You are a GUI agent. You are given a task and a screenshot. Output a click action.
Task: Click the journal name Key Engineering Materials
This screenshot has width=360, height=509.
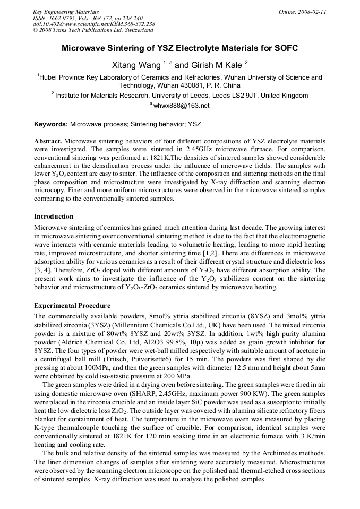[65, 12]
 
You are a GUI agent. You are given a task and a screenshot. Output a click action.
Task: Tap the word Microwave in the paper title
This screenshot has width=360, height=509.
[87, 49]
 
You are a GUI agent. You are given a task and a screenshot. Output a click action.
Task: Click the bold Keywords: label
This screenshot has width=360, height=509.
[51, 124]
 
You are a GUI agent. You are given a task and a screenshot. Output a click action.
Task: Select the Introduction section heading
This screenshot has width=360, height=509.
[54, 217]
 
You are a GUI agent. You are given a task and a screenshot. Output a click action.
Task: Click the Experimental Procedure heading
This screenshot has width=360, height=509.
[72, 306]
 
